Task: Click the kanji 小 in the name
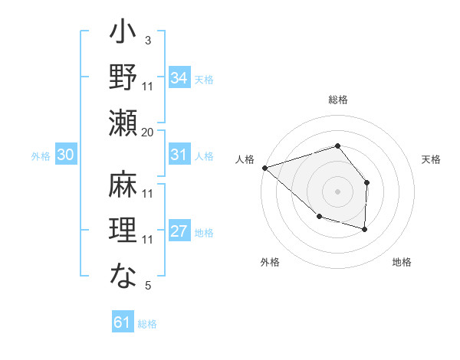(123, 35)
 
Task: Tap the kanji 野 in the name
(123, 79)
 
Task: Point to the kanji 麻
(123, 185)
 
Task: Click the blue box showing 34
(179, 77)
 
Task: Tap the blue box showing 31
(179, 155)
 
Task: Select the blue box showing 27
(179, 231)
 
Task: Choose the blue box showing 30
(66, 155)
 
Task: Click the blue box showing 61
(123, 322)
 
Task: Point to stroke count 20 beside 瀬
(148, 132)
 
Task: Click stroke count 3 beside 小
(148, 40)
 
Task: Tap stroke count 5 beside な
(148, 286)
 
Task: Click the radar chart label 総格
(338, 100)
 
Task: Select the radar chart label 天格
(432, 159)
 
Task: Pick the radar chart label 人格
(245, 159)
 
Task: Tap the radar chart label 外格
(270, 262)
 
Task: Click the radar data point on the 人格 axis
(264, 167)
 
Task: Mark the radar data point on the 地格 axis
(365, 229)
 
